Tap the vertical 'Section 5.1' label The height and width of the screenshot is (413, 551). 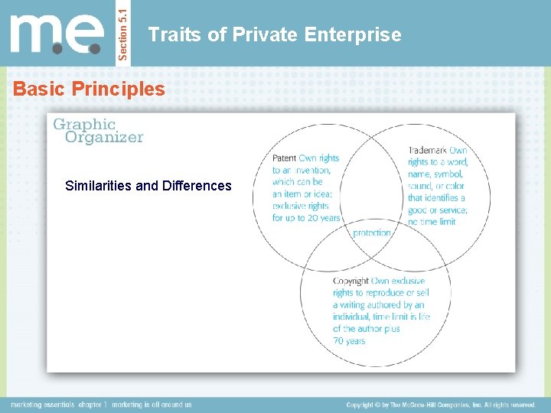126,33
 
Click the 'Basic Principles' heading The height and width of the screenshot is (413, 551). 89,89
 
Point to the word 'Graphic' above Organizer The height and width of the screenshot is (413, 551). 83,124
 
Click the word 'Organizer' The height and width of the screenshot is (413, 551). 104,138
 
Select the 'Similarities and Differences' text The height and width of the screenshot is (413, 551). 148,186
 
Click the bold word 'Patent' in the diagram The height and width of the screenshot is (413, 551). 284,158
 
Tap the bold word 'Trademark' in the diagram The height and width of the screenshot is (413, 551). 427,151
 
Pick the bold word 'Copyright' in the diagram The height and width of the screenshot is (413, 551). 350,281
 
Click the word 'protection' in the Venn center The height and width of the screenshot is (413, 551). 372,233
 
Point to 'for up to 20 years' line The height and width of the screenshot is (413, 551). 306,218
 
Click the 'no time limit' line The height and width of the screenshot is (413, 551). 432,222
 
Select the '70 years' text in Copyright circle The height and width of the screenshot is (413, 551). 349,341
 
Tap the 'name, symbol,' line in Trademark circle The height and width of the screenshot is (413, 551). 436,174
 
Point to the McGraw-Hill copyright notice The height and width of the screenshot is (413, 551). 441,405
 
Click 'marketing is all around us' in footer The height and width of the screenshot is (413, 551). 153,405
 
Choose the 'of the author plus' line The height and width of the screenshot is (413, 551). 367,329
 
